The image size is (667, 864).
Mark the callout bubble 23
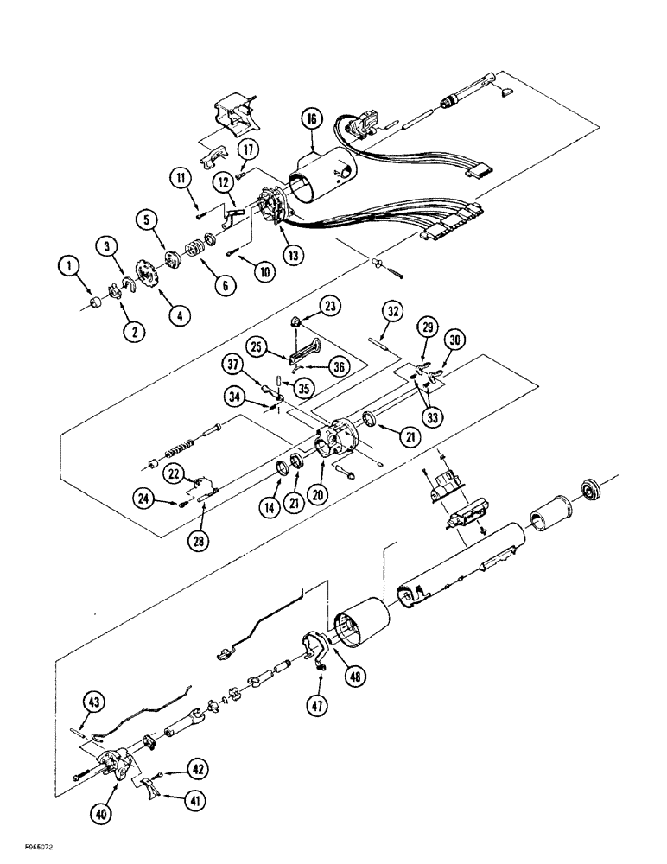[x=333, y=305]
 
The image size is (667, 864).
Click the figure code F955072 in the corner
[x=31, y=850]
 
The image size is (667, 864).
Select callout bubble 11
[x=182, y=179]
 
